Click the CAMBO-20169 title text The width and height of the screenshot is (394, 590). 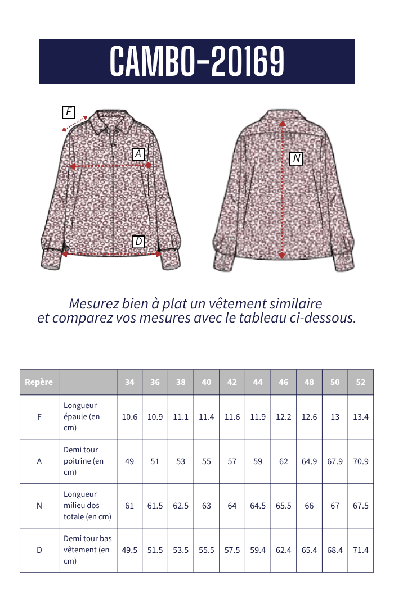click(197, 61)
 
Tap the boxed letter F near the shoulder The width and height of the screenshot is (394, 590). click(69, 112)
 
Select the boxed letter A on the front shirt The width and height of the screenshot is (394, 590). click(138, 154)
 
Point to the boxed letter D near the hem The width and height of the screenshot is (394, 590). click(138, 242)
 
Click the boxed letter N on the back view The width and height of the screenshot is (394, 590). click(296, 159)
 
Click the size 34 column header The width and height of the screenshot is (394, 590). click(129, 382)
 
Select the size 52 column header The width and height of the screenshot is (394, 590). click(361, 382)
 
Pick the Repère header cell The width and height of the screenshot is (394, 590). click(39, 382)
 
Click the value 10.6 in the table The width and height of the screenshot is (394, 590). click(129, 417)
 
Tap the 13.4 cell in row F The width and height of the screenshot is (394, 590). click(361, 417)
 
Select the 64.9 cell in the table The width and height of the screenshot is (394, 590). click(310, 461)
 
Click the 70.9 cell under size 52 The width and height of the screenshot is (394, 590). click(361, 461)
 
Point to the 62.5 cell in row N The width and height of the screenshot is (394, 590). click(181, 506)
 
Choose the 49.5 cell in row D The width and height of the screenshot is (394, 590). click(129, 550)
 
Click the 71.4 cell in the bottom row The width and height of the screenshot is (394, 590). click(361, 550)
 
